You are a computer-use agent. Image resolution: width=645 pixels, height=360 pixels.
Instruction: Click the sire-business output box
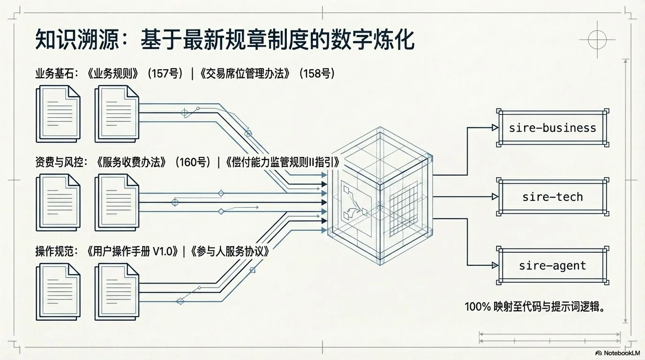[x=552, y=128]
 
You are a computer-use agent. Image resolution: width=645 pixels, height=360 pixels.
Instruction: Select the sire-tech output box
[x=552, y=196]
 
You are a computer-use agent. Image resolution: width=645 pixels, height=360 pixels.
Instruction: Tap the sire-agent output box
[x=552, y=266]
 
